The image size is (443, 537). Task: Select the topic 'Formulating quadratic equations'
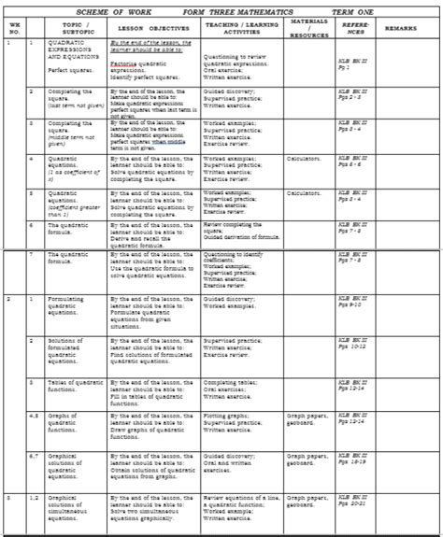pos(72,308)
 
